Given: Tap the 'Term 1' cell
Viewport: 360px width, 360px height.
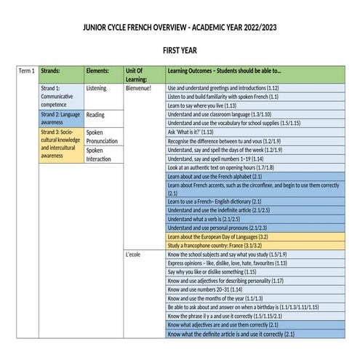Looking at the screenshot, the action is tap(26, 71).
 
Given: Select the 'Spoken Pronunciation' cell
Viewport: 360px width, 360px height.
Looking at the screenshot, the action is tap(99, 136).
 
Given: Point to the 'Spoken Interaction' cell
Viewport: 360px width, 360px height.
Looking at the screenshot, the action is tap(98, 153).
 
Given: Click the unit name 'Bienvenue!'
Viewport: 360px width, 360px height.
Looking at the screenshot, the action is tap(138, 88).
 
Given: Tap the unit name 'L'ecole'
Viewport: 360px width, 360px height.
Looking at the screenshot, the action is tap(133, 255).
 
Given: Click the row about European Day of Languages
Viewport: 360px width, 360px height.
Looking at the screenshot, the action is tap(218, 236).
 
